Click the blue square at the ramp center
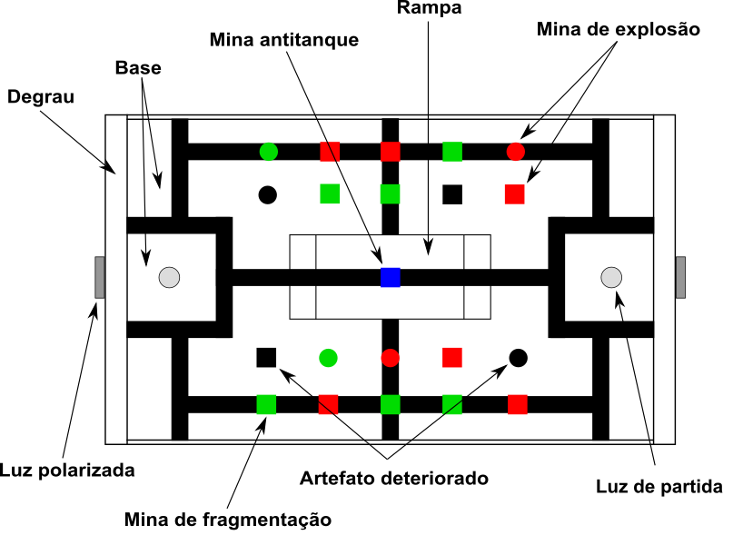pos(391,277)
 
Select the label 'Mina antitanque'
pos(283,41)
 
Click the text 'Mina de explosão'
pos(618,29)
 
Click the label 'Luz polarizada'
pos(67,471)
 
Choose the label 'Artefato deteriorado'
pos(395,478)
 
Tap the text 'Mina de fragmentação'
pos(228,520)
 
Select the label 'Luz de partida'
pos(659,487)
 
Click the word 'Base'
pos(138,68)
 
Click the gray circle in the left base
pos(169,278)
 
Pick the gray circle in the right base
pos(611,277)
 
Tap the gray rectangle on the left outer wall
pos(99,277)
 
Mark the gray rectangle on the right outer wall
pos(680,277)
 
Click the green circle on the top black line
pos(268,152)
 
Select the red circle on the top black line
pos(515,152)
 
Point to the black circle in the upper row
pos(268,194)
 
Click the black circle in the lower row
pos(518,358)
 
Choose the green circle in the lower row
pos(328,358)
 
